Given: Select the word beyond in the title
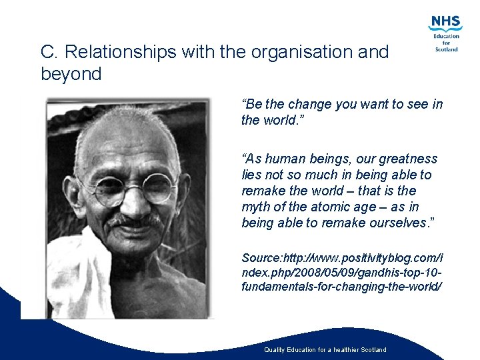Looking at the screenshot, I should pyautogui.click(x=71, y=74).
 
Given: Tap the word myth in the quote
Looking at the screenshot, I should pyautogui.click(x=256, y=207).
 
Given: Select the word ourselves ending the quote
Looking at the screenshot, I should pyautogui.click(x=393, y=223).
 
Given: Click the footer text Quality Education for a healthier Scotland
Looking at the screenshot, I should pyautogui.click(x=325, y=349).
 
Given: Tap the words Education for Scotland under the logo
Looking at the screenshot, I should pyautogui.click(x=446, y=43).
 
